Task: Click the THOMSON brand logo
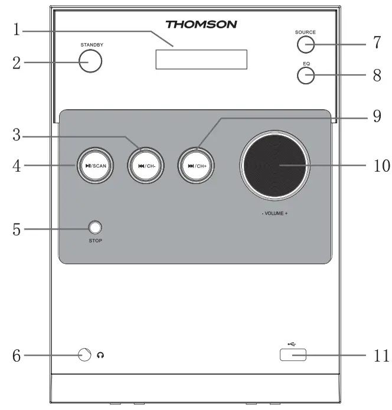pyautogui.click(x=201, y=24)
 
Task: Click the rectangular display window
pyautogui.click(x=201, y=60)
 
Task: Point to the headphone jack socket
pyautogui.click(x=84, y=355)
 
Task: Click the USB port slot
pyautogui.click(x=290, y=355)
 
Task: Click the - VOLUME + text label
pyautogui.click(x=275, y=213)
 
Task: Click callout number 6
pyautogui.click(x=17, y=356)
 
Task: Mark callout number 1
pyautogui.click(x=17, y=29)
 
